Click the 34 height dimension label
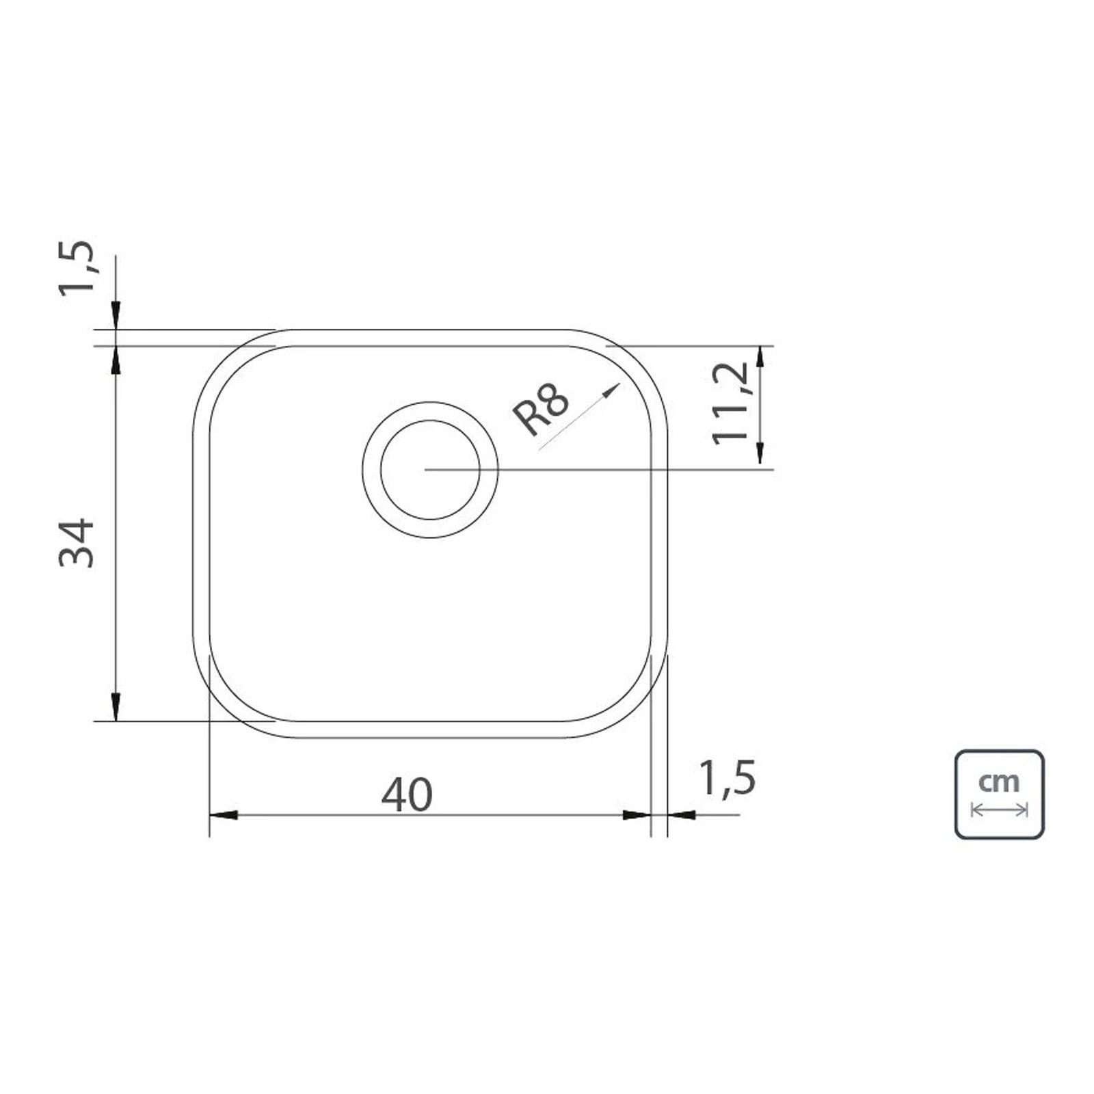tap(76, 543)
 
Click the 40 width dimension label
tap(407, 795)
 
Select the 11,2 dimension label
tap(731, 403)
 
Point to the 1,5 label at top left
tap(77, 267)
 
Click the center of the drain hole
tap(430, 470)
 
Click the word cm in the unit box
tap(999, 780)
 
